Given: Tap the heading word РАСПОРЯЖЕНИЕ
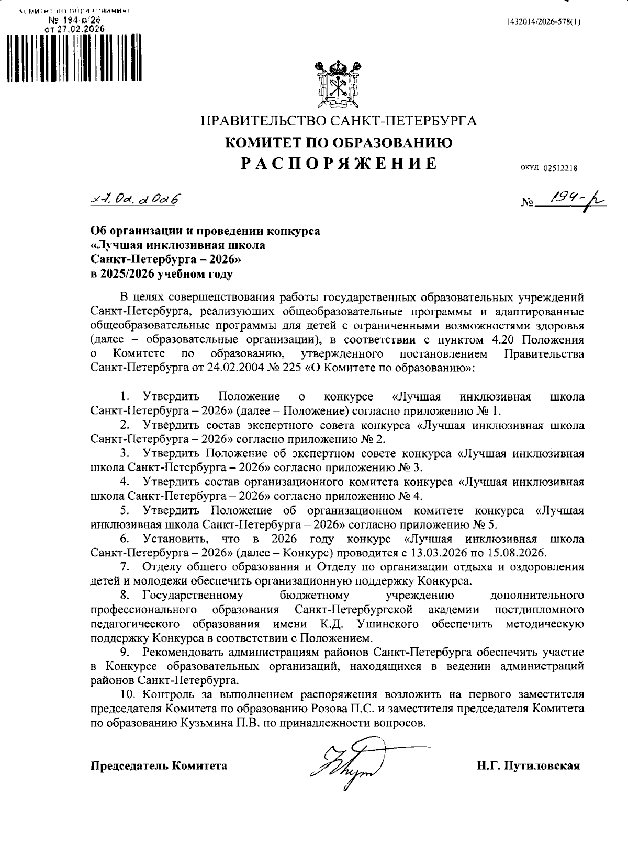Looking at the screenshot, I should tap(339, 164).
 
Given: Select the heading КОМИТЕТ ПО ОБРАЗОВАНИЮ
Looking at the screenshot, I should tap(339, 142).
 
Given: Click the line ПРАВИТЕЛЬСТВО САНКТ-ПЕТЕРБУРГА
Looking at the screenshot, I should tap(339, 121).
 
